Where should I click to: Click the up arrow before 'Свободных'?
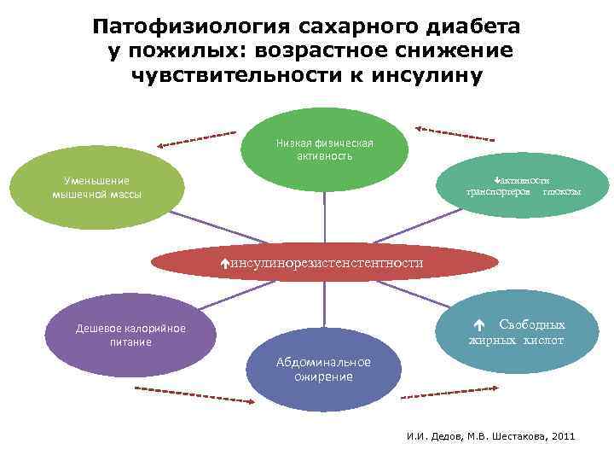tap(479, 325)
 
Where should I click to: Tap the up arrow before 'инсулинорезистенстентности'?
tap(224, 264)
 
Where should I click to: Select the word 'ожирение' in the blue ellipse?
tap(323, 377)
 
